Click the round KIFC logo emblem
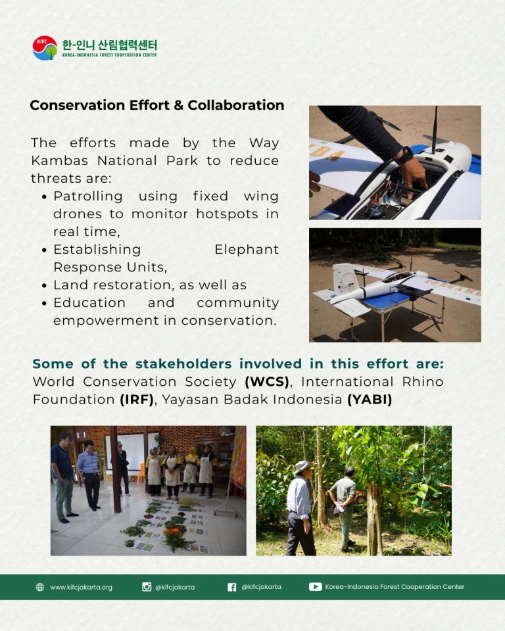tap(45, 48)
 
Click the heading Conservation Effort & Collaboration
tap(157, 105)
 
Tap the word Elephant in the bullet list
tap(247, 250)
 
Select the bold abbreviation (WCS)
tap(267, 381)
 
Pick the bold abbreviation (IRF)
tap(137, 399)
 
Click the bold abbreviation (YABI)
tap(370, 399)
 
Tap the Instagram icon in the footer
tap(147, 587)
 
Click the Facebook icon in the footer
tap(232, 587)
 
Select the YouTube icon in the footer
tap(316, 587)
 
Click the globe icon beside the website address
tap(40, 587)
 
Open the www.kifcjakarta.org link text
tap(81, 587)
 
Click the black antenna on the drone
tap(435, 130)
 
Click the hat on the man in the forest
tap(302, 467)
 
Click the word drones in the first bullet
tap(78, 214)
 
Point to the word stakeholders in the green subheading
tap(183, 363)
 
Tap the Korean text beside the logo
tap(110, 45)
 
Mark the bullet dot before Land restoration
tap(44, 285)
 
